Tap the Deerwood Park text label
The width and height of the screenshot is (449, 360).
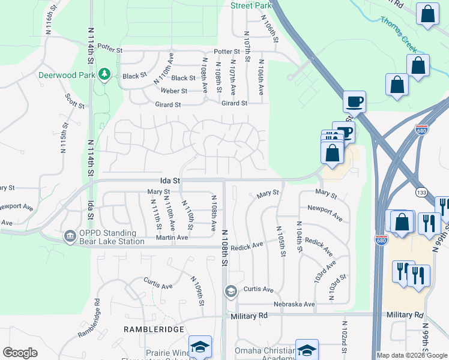point(67,76)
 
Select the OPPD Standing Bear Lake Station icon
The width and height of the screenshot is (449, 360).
point(70,236)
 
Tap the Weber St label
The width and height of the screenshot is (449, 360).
point(174,91)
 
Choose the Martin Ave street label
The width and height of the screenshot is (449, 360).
point(173,238)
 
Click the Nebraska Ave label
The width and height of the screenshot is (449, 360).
point(294,304)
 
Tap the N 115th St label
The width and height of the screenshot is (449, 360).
point(63,139)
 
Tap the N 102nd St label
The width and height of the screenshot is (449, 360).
point(346,343)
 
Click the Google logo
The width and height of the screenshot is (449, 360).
point(20,353)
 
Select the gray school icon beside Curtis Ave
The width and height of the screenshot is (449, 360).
point(230,292)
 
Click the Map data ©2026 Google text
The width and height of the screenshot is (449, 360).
point(412,355)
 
